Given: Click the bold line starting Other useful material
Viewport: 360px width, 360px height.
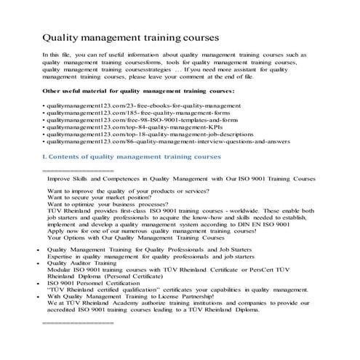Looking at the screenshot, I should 128,91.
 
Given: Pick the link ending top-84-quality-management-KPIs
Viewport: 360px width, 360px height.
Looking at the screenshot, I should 123,134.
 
